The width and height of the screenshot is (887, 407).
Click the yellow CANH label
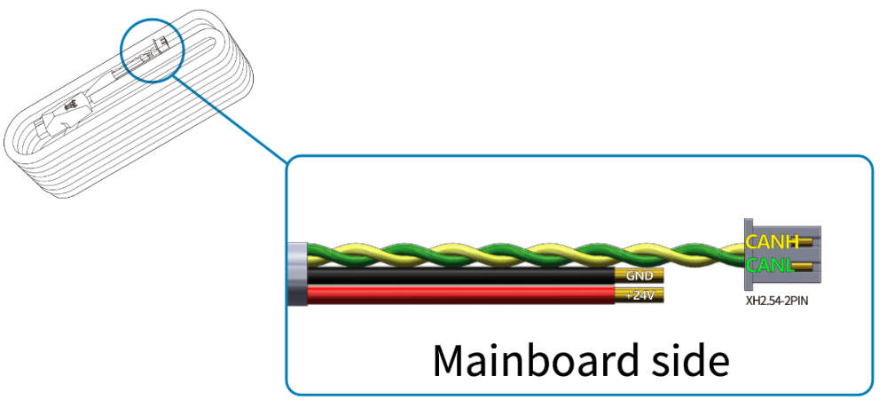point(773,241)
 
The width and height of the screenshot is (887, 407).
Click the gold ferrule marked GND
point(639,276)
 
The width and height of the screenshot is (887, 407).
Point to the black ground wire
point(461,277)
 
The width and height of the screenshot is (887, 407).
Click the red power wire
point(461,295)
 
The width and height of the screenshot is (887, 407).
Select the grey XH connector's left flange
point(748,253)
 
